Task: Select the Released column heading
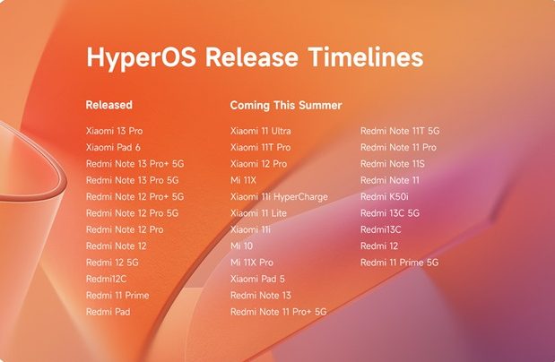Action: [109, 105]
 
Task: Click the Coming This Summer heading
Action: [285, 105]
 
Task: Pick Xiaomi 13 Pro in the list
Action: [114, 131]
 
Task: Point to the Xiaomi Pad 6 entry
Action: [114, 147]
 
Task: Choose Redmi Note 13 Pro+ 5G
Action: [134, 164]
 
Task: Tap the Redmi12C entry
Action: [106, 279]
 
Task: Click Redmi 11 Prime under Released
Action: [117, 295]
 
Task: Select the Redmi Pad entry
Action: [108, 311]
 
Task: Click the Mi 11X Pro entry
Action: [252, 263]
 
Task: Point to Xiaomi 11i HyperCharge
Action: [279, 196]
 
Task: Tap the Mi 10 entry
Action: [242, 246]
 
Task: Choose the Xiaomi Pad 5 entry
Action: [257, 279]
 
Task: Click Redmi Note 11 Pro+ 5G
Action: [278, 311]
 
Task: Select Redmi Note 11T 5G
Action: [400, 131]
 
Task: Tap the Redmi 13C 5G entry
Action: [389, 213]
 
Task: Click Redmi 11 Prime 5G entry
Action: [399, 263]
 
